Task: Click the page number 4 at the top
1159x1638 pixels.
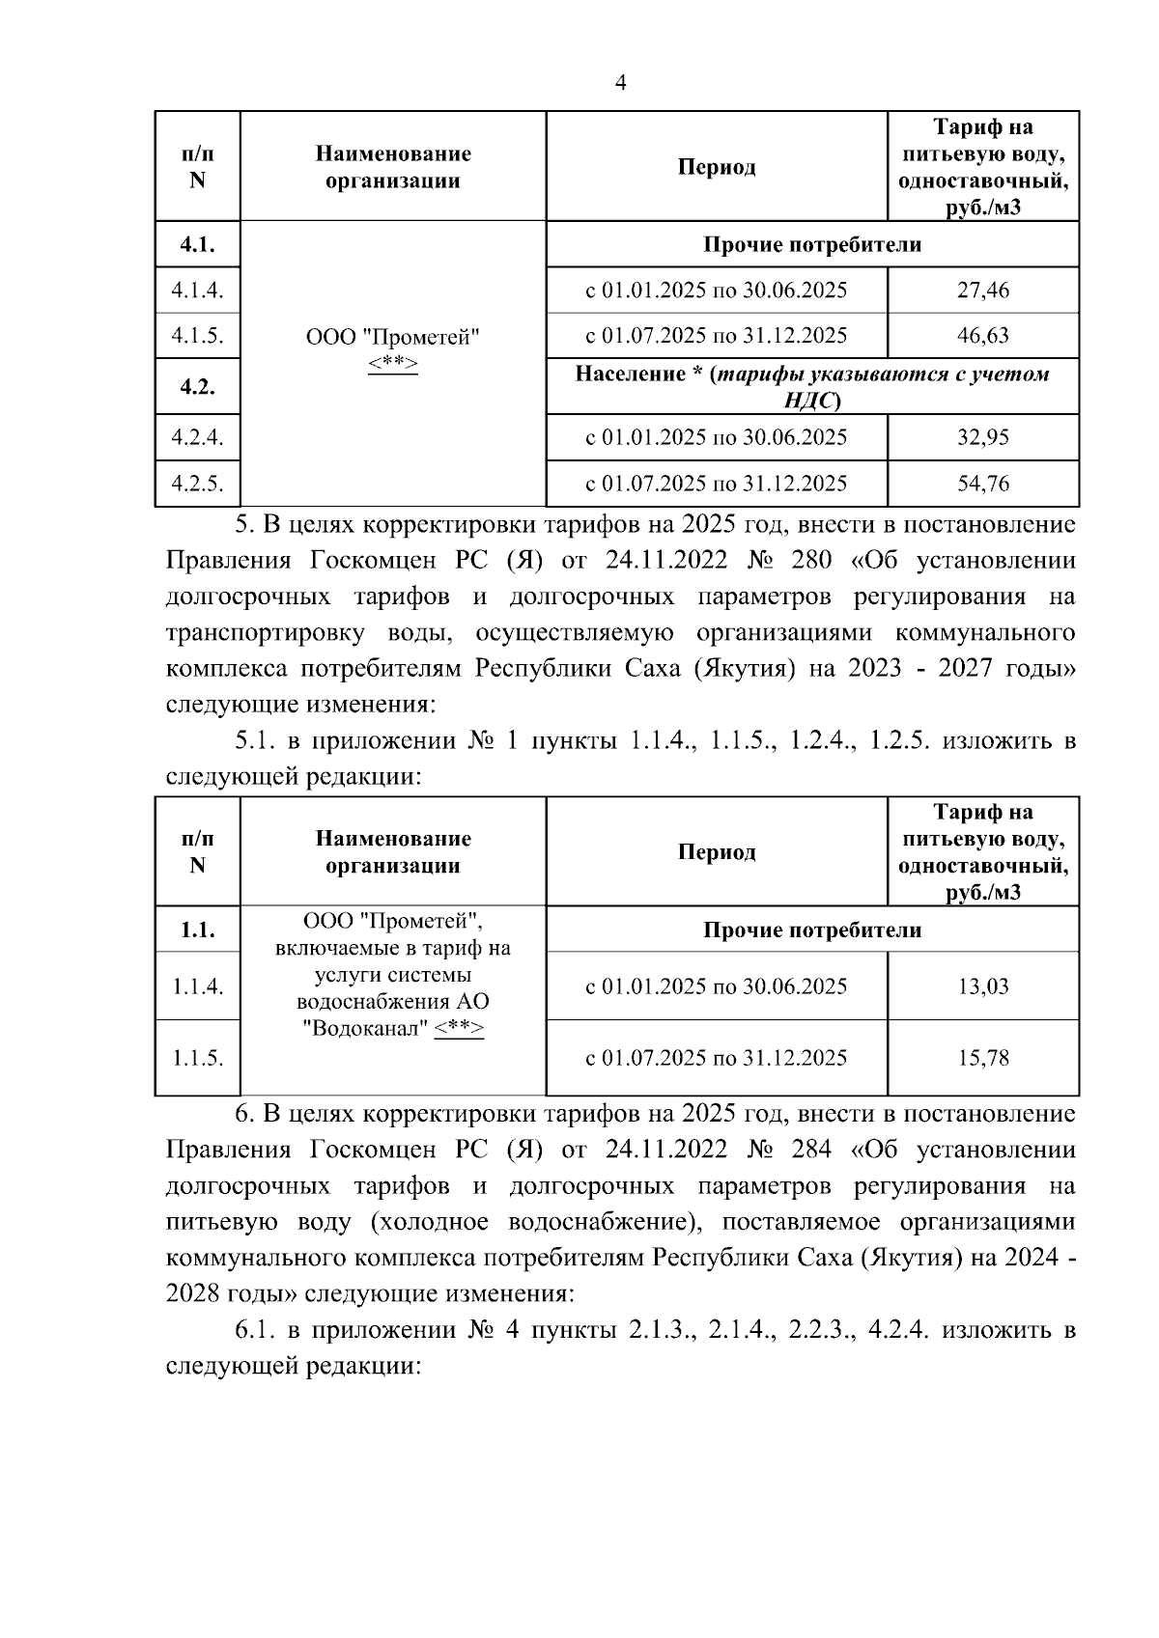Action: click(x=620, y=83)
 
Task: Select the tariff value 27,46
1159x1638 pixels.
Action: click(x=982, y=290)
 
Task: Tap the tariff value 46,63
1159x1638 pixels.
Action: click(x=982, y=335)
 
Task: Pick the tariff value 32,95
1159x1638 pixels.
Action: click(x=982, y=437)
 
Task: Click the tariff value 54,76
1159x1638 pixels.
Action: click(x=982, y=483)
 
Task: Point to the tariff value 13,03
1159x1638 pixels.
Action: click(x=982, y=986)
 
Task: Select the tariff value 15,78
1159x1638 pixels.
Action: click(x=982, y=1057)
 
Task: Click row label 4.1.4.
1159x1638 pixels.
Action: click(x=197, y=290)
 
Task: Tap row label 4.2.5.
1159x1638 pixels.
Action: click(x=197, y=483)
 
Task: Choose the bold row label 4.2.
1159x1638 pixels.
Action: click(x=197, y=387)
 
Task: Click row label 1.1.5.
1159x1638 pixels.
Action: click(x=197, y=1057)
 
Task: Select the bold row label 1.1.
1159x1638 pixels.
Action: click(x=197, y=930)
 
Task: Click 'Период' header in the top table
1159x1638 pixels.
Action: click(x=716, y=167)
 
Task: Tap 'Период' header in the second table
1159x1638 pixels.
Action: click(x=716, y=852)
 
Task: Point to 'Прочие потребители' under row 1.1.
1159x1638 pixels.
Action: click(x=811, y=930)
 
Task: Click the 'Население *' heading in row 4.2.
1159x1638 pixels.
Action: click(x=633, y=375)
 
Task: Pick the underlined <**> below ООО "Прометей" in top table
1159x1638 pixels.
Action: click(x=392, y=363)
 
